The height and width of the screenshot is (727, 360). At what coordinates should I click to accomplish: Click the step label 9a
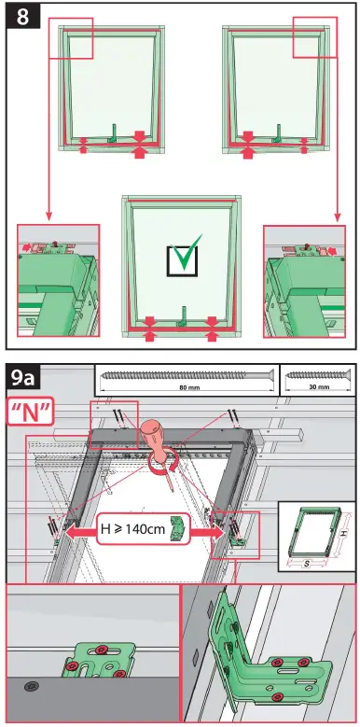pos(26,380)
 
